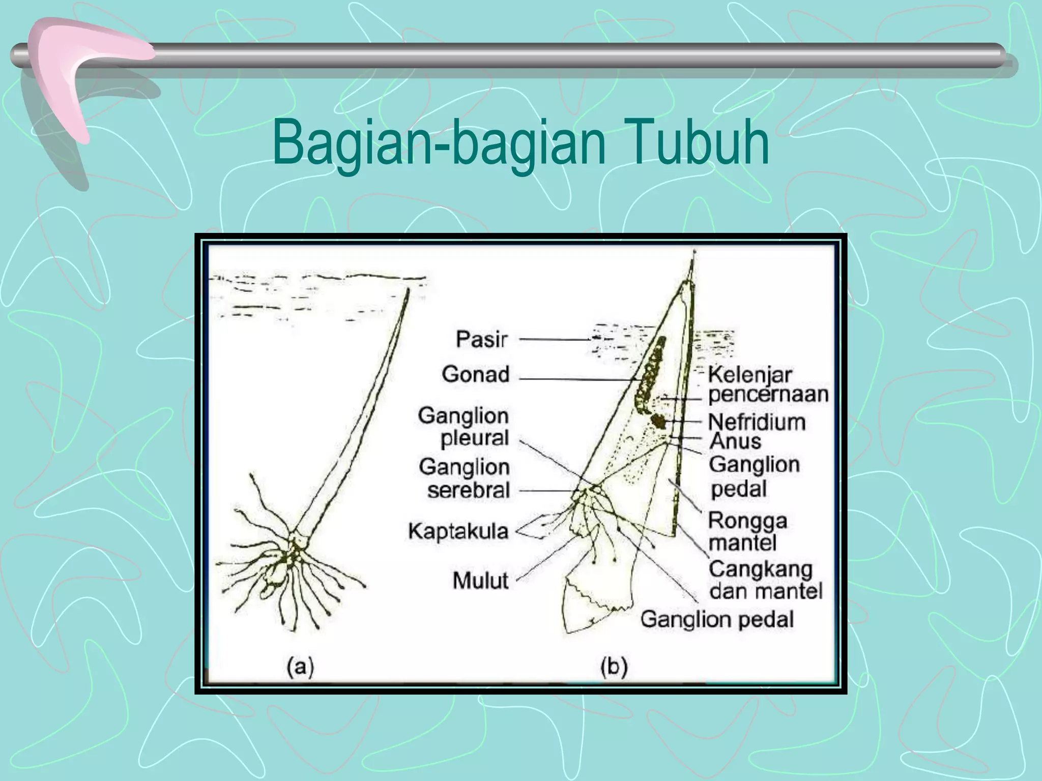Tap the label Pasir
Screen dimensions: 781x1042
coord(481,339)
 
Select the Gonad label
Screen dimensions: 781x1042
coord(475,374)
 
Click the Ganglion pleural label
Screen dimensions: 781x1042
coord(464,427)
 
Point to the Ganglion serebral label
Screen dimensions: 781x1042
coord(465,478)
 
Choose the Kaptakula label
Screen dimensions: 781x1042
coord(458,531)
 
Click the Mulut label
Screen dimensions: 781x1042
coord(480,580)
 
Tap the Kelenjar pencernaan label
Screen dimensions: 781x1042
coord(767,385)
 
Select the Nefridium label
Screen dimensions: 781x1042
coord(757,422)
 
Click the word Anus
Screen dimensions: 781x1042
coord(735,441)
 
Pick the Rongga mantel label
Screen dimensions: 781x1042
coord(747,531)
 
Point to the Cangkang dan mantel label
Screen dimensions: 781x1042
coord(765,580)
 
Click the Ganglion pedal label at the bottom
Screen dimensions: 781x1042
coord(717,619)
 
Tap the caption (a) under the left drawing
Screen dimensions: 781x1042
coord(300,666)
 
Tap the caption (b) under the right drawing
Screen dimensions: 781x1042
coord(614,666)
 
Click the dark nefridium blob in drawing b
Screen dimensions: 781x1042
coord(659,421)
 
